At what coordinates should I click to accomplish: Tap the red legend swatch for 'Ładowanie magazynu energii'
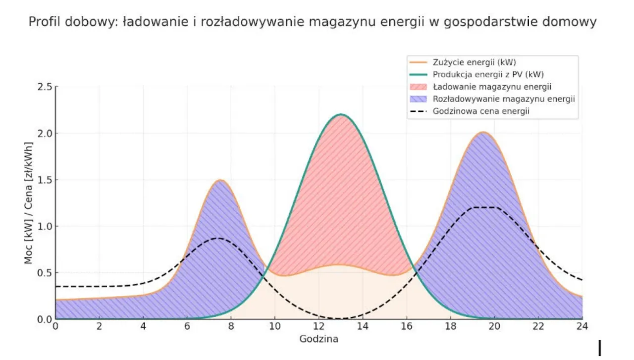(420, 87)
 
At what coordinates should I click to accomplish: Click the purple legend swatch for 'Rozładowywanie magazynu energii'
(420, 99)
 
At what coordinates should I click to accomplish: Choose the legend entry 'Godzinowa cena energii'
(481, 111)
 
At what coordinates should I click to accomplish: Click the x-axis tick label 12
(319, 327)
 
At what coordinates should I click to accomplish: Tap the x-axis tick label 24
(582, 327)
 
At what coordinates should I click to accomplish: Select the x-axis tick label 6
(187, 327)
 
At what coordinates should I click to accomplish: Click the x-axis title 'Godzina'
(318, 339)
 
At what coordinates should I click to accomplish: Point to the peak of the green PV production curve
(341, 114)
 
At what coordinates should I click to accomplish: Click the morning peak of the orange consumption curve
(220, 180)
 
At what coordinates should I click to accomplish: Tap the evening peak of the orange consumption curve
(483, 132)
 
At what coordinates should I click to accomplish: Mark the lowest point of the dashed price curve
(341, 318)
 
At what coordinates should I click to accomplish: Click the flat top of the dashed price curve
(483, 207)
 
